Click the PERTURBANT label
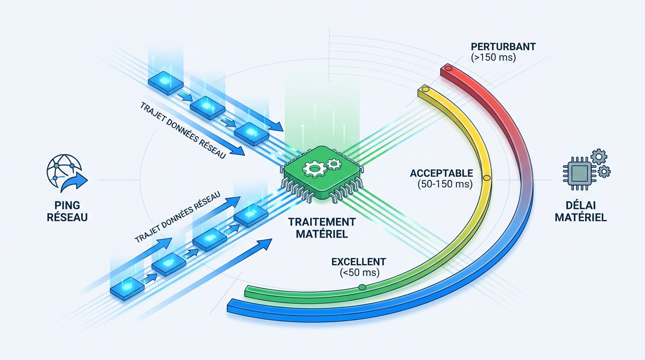503,47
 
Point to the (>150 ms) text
493,58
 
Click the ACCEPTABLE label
442,173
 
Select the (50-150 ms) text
445,184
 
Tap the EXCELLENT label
359,262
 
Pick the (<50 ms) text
360,272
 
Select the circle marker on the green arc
362,287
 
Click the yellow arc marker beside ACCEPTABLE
487,178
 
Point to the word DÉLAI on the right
580,205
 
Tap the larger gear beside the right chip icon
599,157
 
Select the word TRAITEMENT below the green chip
322,222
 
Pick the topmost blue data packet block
165,82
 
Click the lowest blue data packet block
127,289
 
